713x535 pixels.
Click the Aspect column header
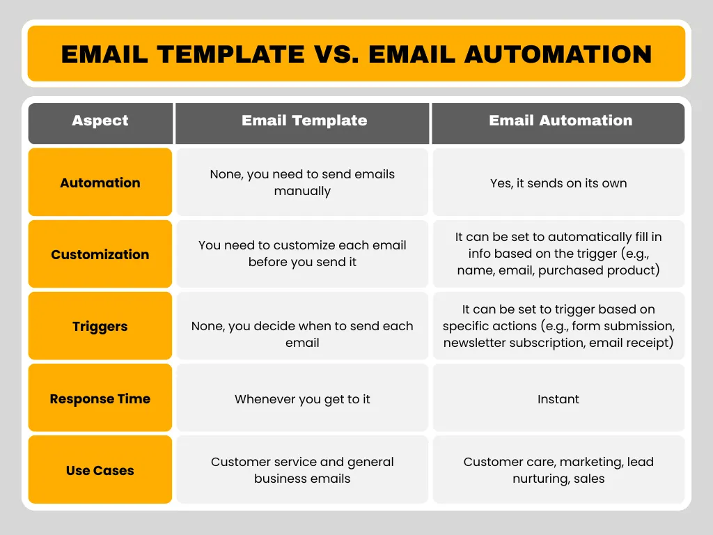coord(100,121)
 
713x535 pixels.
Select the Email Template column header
coord(304,121)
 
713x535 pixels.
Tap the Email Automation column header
coord(560,121)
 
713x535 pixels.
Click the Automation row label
coord(100,183)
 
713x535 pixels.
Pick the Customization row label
coord(100,255)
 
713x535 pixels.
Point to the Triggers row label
coord(100,327)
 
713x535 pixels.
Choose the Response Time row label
coord(100,399)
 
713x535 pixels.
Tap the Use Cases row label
coord(100,471)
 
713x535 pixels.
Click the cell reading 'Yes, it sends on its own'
coord(558,183)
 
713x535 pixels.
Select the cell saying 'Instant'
coord(558,399)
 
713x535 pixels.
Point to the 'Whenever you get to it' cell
coord(302,399)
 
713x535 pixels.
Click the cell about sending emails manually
coord(302,183)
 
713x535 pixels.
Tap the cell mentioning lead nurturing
coord(558,470)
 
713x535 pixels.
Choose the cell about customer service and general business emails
coord(302,470)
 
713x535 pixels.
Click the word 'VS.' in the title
coord(336,54)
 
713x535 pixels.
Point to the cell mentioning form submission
coord(558,326)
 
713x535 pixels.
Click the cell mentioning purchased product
coord(558,254)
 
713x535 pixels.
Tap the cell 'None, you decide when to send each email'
coord(302,334)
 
